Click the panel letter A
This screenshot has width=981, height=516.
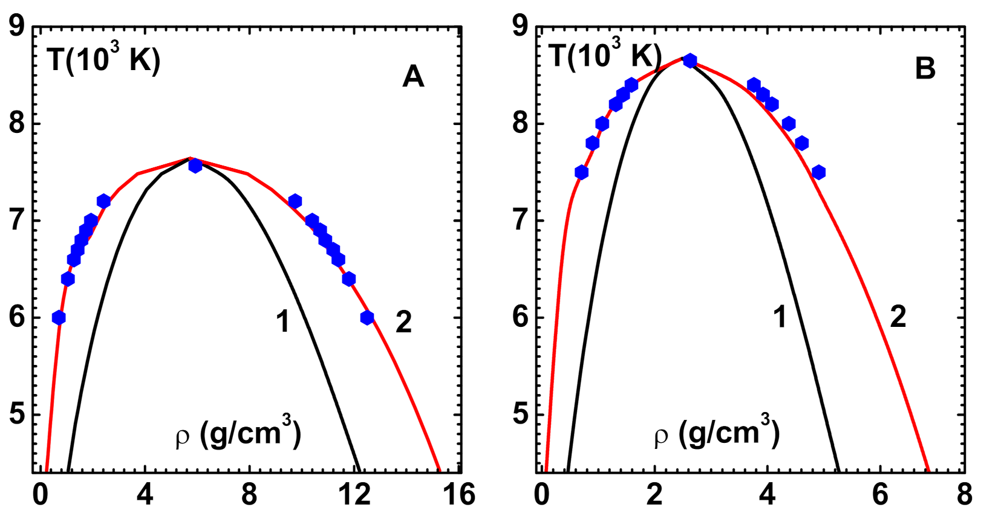[x=413, y=77]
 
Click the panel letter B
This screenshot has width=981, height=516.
[x=925, y=68]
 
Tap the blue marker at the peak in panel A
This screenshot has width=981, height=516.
[x=195, y=166]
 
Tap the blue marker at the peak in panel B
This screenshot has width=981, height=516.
[x=689, y=60]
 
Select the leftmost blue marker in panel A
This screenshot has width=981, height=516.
[x=59, y=318]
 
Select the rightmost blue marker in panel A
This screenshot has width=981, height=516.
[x=367, y=318]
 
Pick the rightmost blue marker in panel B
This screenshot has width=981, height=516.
[x=818, y=172]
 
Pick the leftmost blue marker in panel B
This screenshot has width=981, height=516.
[x=581, y=172]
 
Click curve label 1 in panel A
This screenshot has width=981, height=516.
[x=283, y=321]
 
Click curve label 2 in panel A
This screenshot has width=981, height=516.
[x=403, y=321]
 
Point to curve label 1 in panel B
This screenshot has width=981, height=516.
[x=780, y=317]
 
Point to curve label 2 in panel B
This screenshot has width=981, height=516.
[x=898, y=317]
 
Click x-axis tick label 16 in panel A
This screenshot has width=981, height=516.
[x=458, y=495]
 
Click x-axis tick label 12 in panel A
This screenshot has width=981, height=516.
[x=354, y=495]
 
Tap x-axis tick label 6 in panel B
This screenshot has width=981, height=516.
[x=880, y=495]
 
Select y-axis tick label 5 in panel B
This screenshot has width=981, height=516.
[x=521, y=414]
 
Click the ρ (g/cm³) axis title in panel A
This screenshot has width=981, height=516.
[x=238, y=433]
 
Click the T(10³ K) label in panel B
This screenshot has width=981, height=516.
[x=605, y=56]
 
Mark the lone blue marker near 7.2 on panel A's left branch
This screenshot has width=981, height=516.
[x=103, y=201]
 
